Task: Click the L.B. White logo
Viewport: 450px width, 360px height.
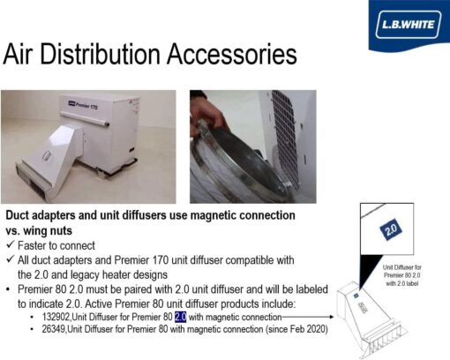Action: (409, 25)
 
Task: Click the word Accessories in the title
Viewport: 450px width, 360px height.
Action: (232, 54)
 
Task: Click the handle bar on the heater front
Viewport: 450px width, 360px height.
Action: (85, 119)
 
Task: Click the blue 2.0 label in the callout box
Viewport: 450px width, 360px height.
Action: (391, 229)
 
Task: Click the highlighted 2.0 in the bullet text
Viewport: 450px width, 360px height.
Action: (181, 317)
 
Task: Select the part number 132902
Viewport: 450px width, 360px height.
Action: (56, 317)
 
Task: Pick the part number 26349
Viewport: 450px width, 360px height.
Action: (54, 329)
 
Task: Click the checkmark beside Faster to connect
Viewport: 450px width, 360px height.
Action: (11, 244)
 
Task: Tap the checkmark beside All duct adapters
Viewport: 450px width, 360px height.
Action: (11, 259)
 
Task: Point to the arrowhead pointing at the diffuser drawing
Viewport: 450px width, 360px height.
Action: (332, 317)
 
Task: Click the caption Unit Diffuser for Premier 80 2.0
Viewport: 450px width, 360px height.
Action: (401, 275)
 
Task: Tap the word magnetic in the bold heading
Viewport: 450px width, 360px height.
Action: (214, 215)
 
